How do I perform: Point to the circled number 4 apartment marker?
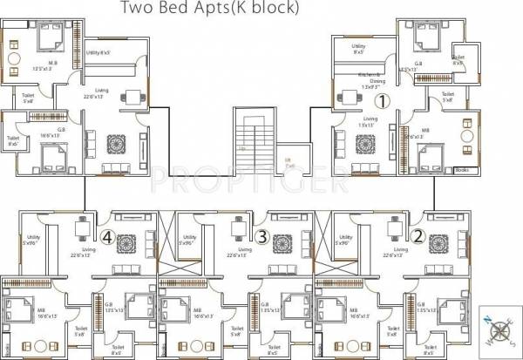[x=107, y=235]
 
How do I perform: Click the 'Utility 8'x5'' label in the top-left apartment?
[x=98, y=55]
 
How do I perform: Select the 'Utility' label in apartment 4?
[x=33, y=236]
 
